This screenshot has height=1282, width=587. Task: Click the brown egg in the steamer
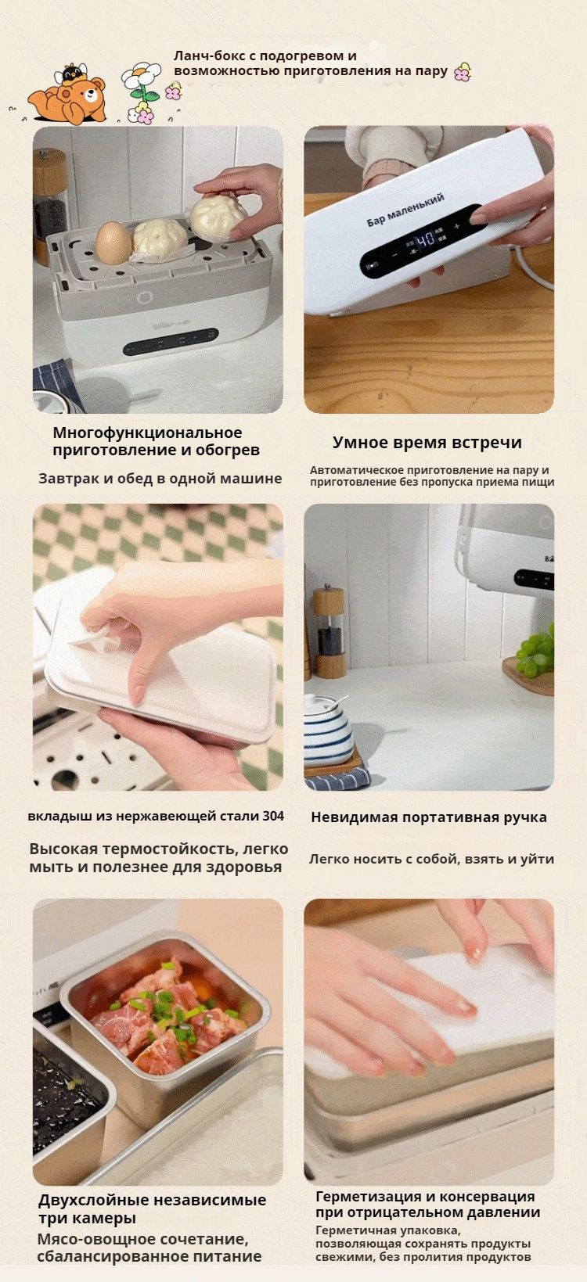coord(113,242)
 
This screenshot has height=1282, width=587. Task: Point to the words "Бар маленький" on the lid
coord(405,210)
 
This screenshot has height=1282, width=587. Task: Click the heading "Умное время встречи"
coord(427,442)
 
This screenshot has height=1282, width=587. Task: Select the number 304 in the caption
coord(274,816)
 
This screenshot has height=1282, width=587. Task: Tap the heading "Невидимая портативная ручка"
coord(429,817)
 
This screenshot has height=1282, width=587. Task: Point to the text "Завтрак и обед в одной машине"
coord(160,479)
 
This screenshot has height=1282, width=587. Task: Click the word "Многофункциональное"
coord(147,433)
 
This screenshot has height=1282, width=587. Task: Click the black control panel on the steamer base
coord(171,342)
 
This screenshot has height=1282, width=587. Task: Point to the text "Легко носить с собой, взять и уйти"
coord(432,859)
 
